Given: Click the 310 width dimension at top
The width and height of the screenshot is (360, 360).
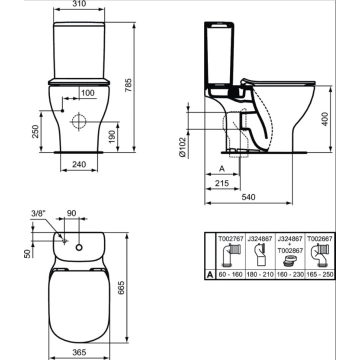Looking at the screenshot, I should (x=79, y=4).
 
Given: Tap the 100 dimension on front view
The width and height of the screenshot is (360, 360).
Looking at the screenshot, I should (x=87, y=93).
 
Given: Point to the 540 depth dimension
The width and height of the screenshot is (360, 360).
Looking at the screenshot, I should (x=248, y=197).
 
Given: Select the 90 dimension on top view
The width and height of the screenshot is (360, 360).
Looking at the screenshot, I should (x=71, y=212).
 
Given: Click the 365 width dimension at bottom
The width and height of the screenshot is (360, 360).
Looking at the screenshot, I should (x=78, y=352).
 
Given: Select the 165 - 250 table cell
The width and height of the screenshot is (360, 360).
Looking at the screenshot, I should (x=319, y=274).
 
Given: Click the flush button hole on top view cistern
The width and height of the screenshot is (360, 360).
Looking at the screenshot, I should (x=79, y=247).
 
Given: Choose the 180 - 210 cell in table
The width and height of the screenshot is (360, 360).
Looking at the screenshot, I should (x=260, y=274).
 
